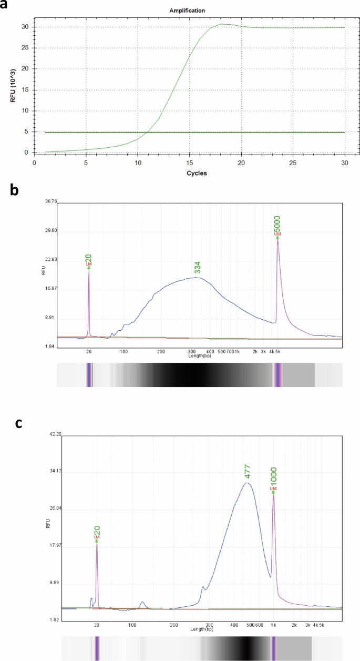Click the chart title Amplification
coord(187,11)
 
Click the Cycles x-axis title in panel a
coord(189,174)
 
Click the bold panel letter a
coord(6,7)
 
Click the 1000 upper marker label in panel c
coord(273,476)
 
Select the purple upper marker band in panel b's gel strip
coord(277,375)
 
